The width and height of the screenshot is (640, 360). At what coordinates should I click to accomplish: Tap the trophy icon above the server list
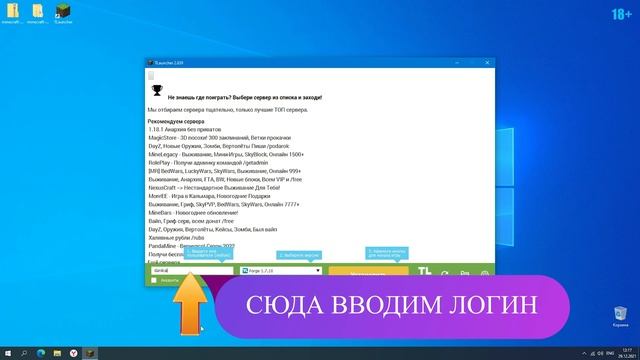(157, 87)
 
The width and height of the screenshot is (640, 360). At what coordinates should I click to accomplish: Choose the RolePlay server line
(211, 163)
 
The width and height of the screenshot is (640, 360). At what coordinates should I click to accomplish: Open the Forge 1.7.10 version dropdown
(280, 270)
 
